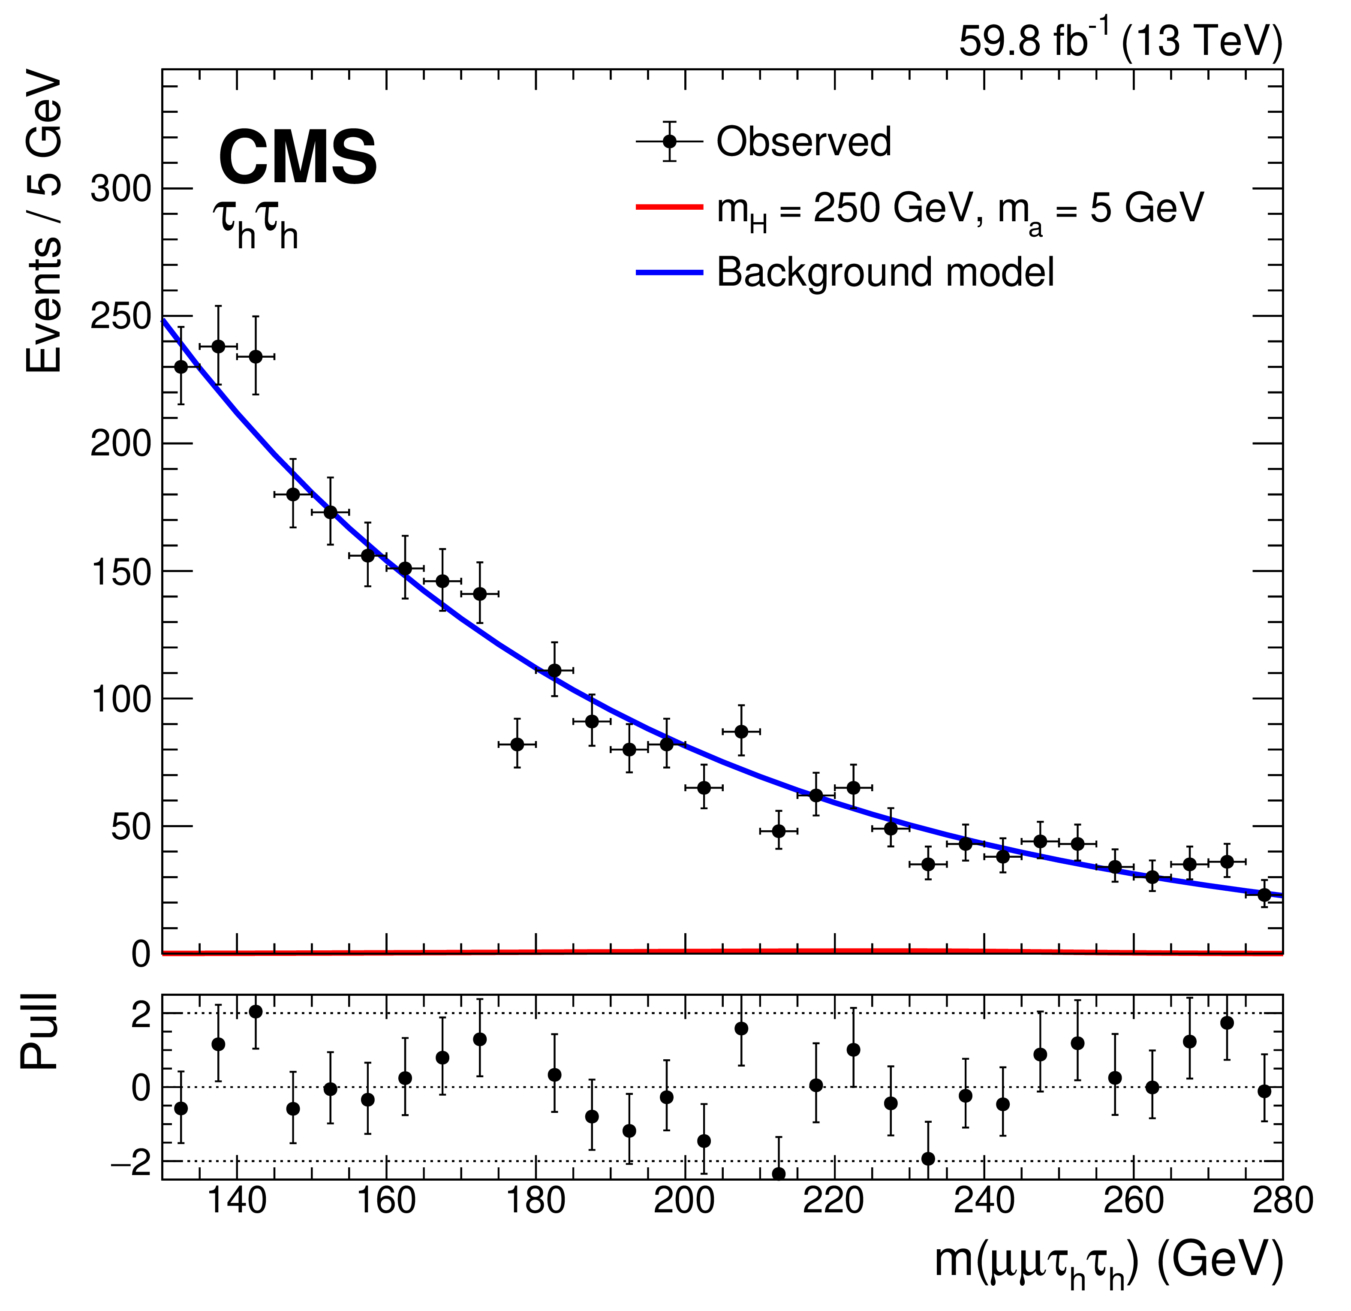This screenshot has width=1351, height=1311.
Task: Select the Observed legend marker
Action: [x=668, y=141]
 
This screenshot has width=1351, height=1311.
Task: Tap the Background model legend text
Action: [x=886, y=272]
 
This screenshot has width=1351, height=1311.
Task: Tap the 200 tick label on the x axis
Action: [x=684, y=1201]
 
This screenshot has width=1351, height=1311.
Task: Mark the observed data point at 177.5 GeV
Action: [x=517, y=744]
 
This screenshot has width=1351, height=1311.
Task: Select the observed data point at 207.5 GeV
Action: [x=741, y=731]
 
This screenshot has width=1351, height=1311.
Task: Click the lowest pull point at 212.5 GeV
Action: [x=778, y=1174]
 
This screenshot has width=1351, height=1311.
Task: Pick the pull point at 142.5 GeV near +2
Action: [x=255, y=1012]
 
